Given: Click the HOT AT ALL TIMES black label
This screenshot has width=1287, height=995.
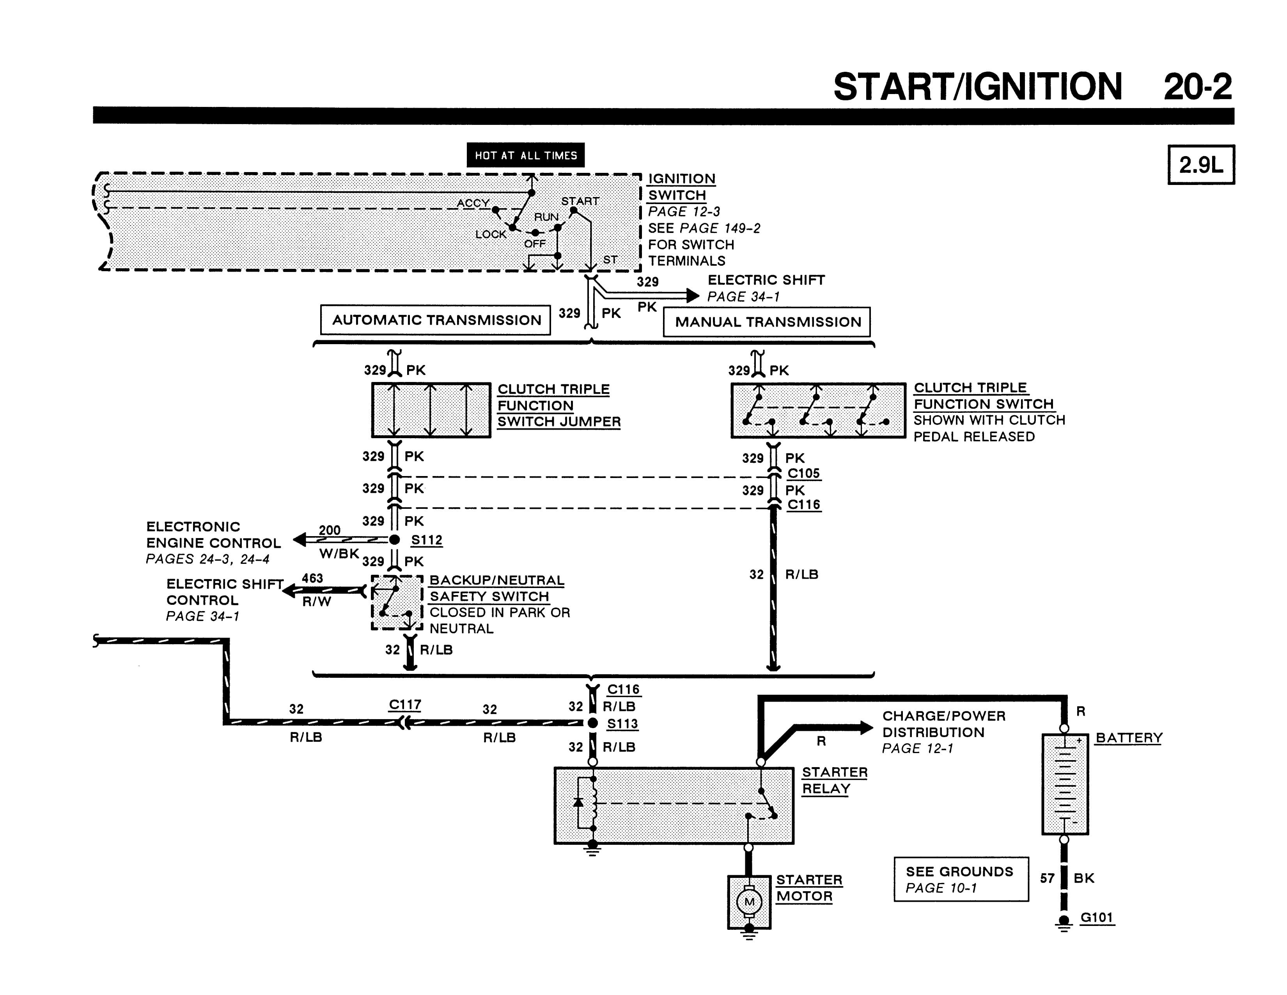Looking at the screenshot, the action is [526, 155].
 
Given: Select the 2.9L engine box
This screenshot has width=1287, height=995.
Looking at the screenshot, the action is [1201, 164].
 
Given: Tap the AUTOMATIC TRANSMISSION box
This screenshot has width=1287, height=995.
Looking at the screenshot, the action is [436, 320].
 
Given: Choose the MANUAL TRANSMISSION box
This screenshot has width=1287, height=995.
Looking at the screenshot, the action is [767, 322].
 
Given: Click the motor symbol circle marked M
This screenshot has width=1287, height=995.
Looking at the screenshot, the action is [749, 902].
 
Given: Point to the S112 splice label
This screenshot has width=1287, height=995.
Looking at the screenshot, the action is [427, 540].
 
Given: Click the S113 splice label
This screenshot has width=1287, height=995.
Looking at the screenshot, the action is [623, 723].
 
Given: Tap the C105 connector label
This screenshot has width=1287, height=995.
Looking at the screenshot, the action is [804, 473].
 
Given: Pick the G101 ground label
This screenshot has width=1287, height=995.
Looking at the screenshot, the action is [1097, 917].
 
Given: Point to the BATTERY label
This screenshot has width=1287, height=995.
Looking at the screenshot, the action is [1129, 738].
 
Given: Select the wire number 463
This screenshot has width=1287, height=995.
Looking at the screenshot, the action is [312, 578].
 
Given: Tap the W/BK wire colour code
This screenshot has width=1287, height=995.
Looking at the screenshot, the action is [339, 554].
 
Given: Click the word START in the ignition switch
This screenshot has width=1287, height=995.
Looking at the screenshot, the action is [580, 201].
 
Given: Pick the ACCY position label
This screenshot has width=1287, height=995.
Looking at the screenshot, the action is [473, 203].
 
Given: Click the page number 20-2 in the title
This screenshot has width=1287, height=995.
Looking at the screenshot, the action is [1198, 87].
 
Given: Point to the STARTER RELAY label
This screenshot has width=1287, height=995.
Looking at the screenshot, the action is [835, 780].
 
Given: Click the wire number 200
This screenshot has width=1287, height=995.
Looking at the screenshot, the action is [330, 530].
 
